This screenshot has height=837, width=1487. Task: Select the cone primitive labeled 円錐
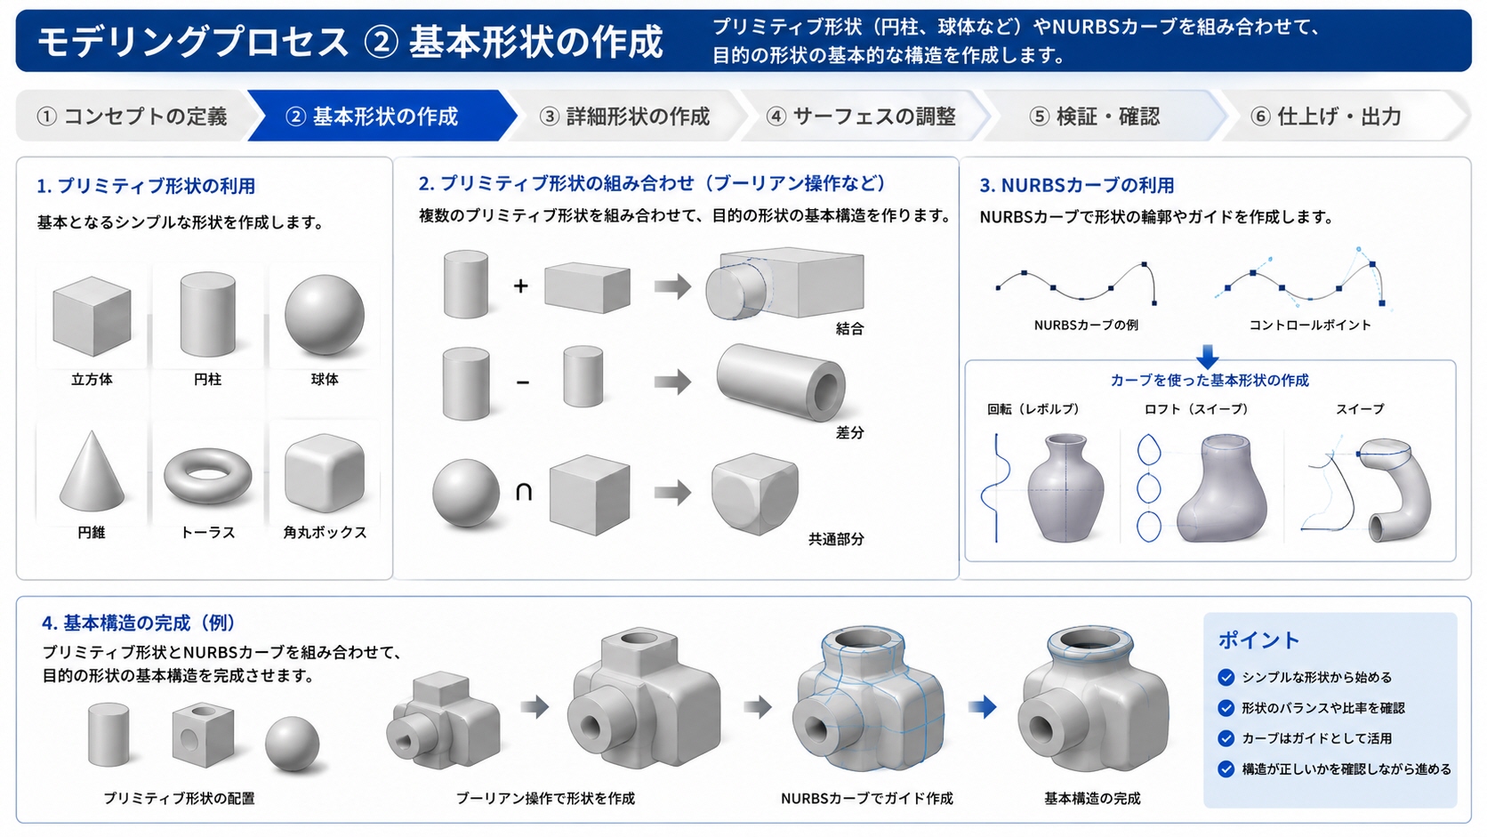(x=92, y=471)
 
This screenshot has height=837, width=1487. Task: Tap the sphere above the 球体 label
(x=325, y=315)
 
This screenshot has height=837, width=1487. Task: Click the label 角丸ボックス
(x=325, y=532)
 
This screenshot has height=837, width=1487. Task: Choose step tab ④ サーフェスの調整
(x=861, y=117)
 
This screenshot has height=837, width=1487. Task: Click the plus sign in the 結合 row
(x=521, y=286)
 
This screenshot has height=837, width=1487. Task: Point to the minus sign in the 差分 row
(x=522, y=382)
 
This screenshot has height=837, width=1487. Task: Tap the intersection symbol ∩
(x=524, y=492)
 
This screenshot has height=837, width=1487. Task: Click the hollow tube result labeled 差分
(x=781, y=382)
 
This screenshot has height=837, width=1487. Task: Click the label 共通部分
(x=836, y=539)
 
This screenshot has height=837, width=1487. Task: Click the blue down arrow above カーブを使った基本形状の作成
(x=1208, y=357)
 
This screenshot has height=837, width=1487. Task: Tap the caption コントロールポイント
(x=1310, y=326)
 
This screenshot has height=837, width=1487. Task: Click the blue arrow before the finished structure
(x=983, y=707)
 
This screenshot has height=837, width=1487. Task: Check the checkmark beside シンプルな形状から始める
(x=1226, y=677)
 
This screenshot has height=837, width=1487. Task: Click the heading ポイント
(x=1258, y=640)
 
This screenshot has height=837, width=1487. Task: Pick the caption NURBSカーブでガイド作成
(x=866, y=799)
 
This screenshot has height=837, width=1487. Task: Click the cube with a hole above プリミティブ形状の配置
(x=203, y=735)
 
